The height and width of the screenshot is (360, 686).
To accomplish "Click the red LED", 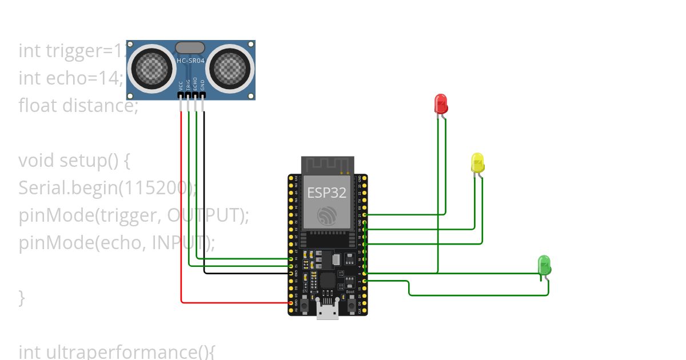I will coord(441,103).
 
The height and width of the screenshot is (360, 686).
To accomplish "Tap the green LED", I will coord(544,265).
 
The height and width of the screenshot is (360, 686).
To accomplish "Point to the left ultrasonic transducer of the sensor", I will coord(152,69).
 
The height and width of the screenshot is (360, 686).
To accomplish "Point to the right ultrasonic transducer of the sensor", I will coord(230,69).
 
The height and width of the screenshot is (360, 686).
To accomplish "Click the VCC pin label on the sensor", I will coord(181,86).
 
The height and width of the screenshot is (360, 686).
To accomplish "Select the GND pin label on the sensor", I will coord(202,86).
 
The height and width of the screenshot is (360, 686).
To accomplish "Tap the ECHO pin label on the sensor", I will coord(196,85).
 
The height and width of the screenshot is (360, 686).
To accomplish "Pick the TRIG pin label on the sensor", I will coord(188,85).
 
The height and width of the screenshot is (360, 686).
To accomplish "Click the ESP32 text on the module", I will coord(327,193).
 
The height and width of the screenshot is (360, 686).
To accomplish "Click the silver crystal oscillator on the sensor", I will coord(190,47).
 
